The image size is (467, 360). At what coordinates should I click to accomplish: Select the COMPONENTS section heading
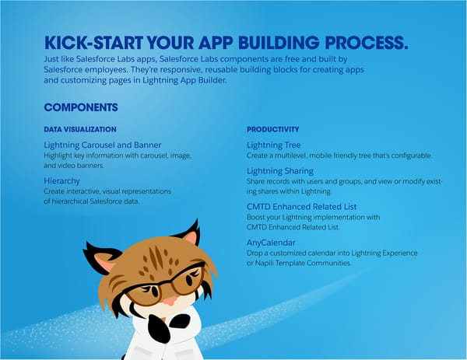coord(81,107)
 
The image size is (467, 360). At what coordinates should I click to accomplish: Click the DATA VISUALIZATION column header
coord(80,128)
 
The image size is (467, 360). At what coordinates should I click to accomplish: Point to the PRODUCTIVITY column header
coord(272,128)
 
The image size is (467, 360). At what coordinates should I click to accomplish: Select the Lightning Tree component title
coord(273,145)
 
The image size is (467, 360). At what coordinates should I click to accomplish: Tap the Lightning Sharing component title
coord(279,170)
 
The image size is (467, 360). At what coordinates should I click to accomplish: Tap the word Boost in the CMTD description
coord(256,217)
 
